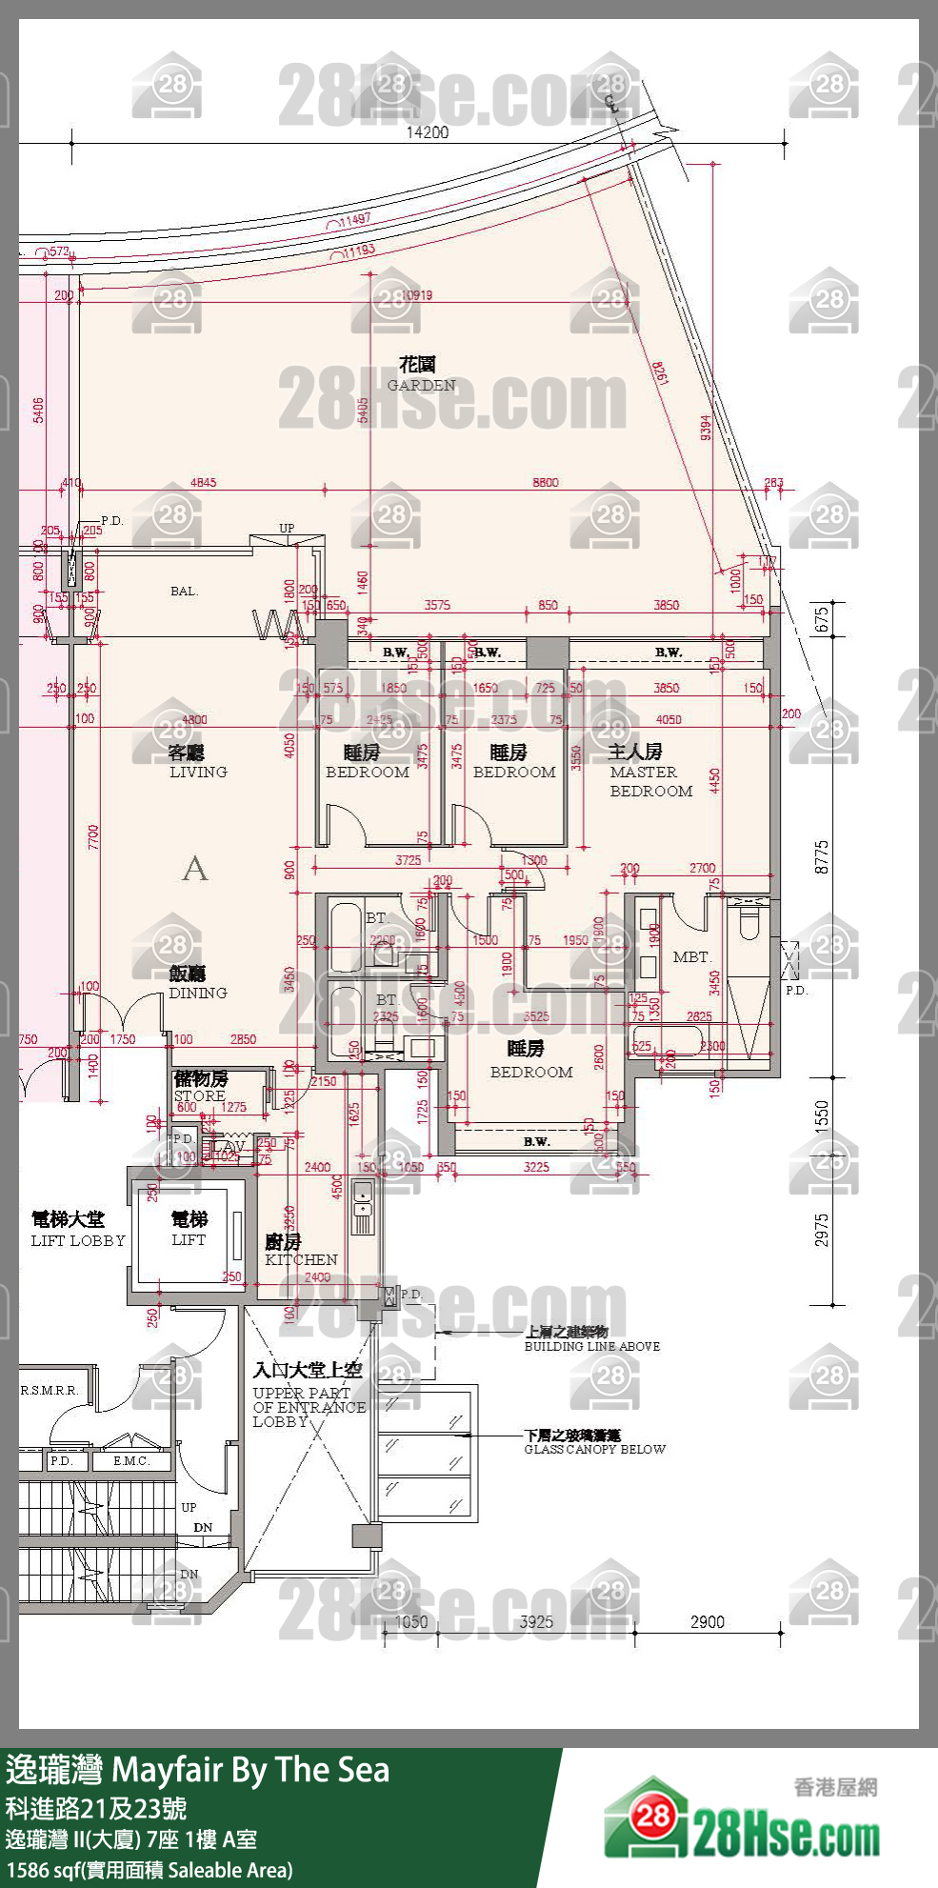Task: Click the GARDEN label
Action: [x=421, y=385]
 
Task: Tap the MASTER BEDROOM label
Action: [x=650, y=781]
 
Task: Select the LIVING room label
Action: [x=198, y=772]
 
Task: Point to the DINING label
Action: [x=198, y=993]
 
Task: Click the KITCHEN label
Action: [x=301, y=1259]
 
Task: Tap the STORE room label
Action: [x=200, y=1095]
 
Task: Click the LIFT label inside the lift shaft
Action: [x=189, y=1239]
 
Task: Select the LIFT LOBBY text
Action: [x=78, y=1240]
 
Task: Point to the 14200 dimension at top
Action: [x=428, y=132]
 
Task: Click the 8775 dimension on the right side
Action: [x=823, y=856]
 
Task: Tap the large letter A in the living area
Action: [x=194, y=869]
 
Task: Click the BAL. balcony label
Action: [x=184, y=591]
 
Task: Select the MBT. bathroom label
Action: [x=691, y=956]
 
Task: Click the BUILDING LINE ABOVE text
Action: [x=591, y=1346]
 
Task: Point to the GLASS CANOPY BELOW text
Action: [x=594, y=1449]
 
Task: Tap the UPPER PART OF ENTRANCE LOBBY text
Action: [x=309, y=1406]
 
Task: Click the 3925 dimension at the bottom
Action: [x=536, y=1621]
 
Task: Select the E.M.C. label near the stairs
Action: [x=130, y=1460]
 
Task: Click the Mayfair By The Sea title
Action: [x=251, y=1769]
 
